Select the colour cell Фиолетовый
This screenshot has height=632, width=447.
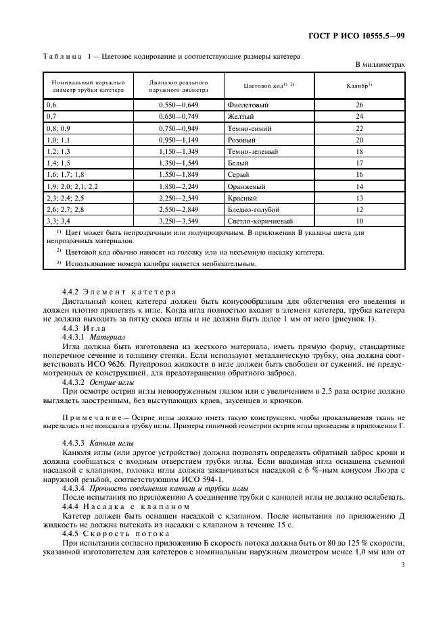(x=248, y=105)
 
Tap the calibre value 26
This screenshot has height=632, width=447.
(x=359, y=105)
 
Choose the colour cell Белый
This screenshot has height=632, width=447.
(x=240, y=163)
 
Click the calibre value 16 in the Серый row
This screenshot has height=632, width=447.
(x=359, y=175)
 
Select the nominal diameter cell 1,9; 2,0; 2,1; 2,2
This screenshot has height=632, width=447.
(x=72, y=186)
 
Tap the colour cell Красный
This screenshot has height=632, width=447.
(x=243, y=198)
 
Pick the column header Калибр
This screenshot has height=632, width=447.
(x=359, y=86)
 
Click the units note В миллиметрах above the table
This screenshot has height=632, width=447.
(x=380, y=65)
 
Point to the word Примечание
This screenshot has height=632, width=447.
(x=95, y=417)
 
